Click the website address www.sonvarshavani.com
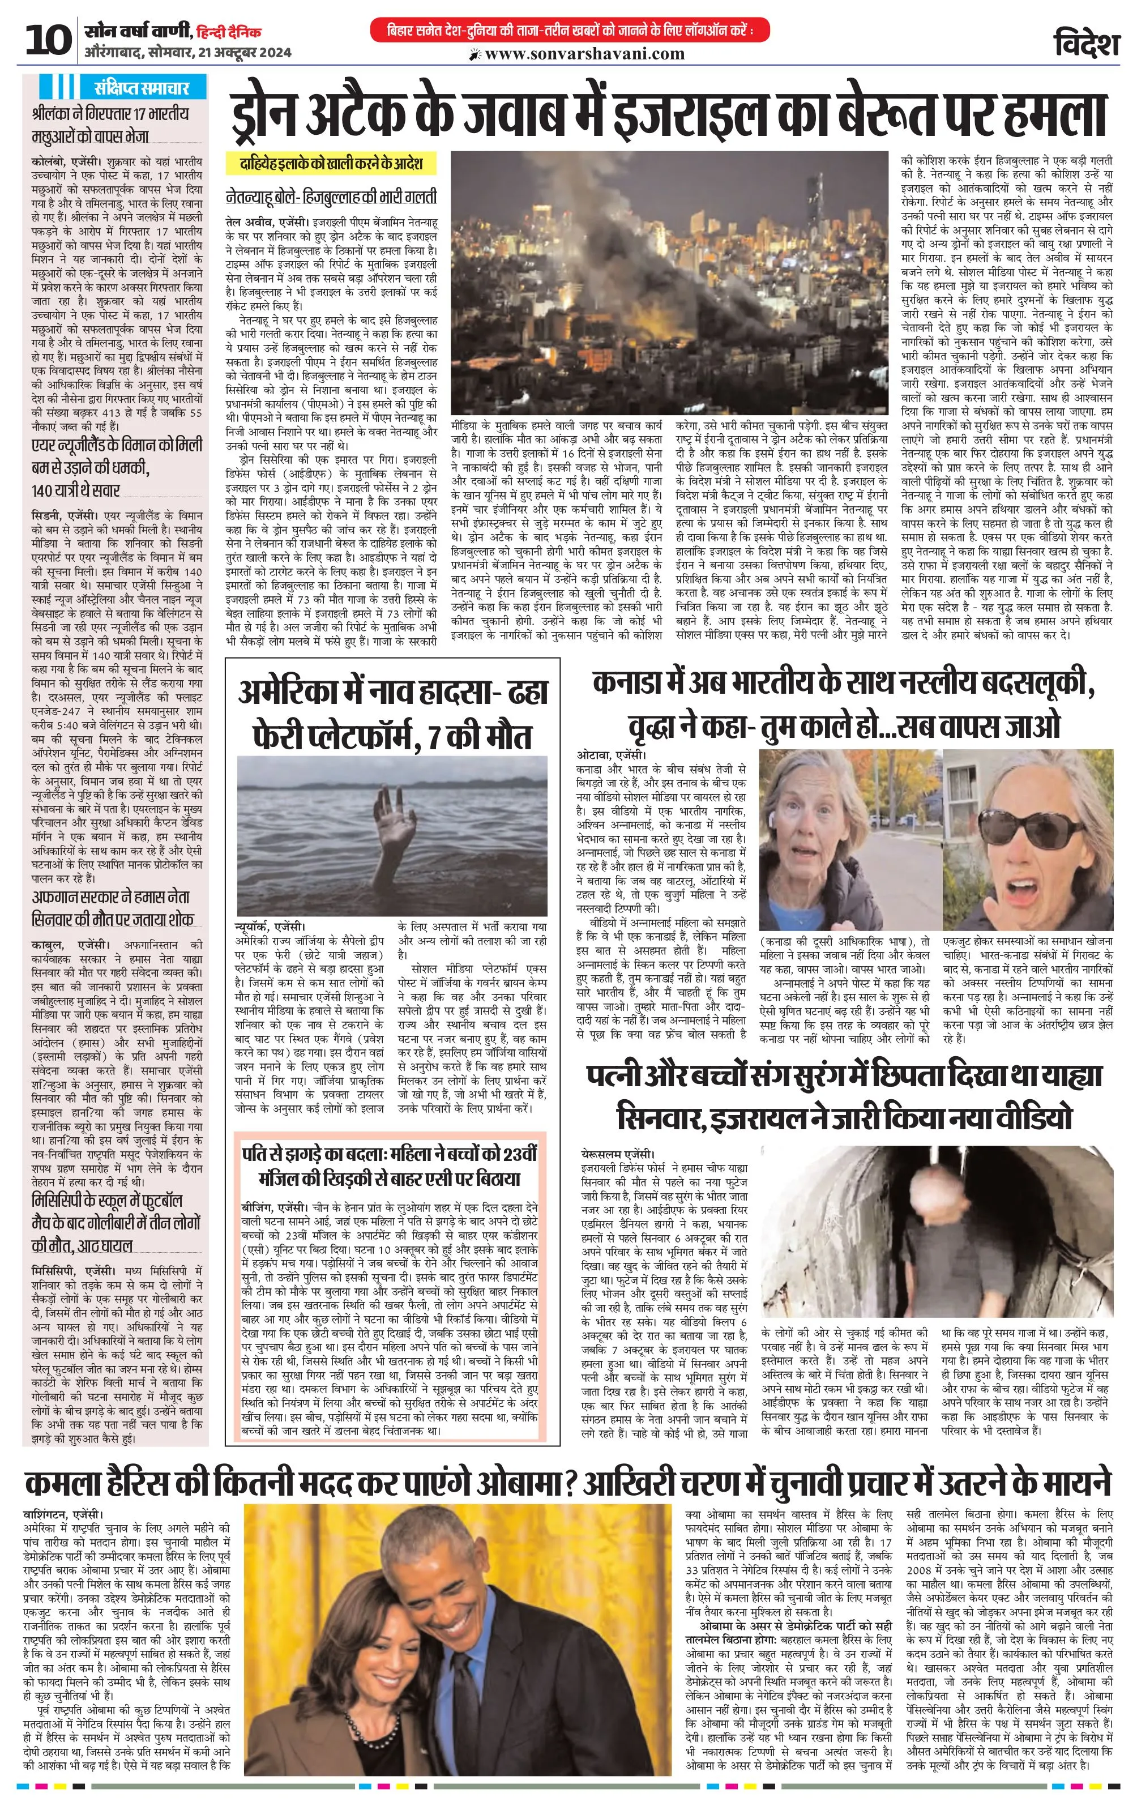click(584, 54)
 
